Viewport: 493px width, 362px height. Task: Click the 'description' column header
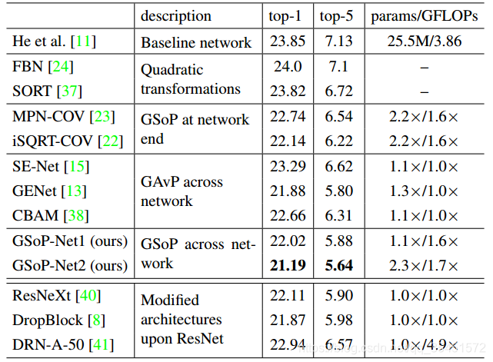pos(176,16)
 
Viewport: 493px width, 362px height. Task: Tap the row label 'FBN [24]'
pos(43,68)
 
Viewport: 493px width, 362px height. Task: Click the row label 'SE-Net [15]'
pos(51,166)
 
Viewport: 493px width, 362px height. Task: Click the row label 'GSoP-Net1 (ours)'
pos(69,241)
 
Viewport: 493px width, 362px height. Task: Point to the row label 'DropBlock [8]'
pos(57,318)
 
